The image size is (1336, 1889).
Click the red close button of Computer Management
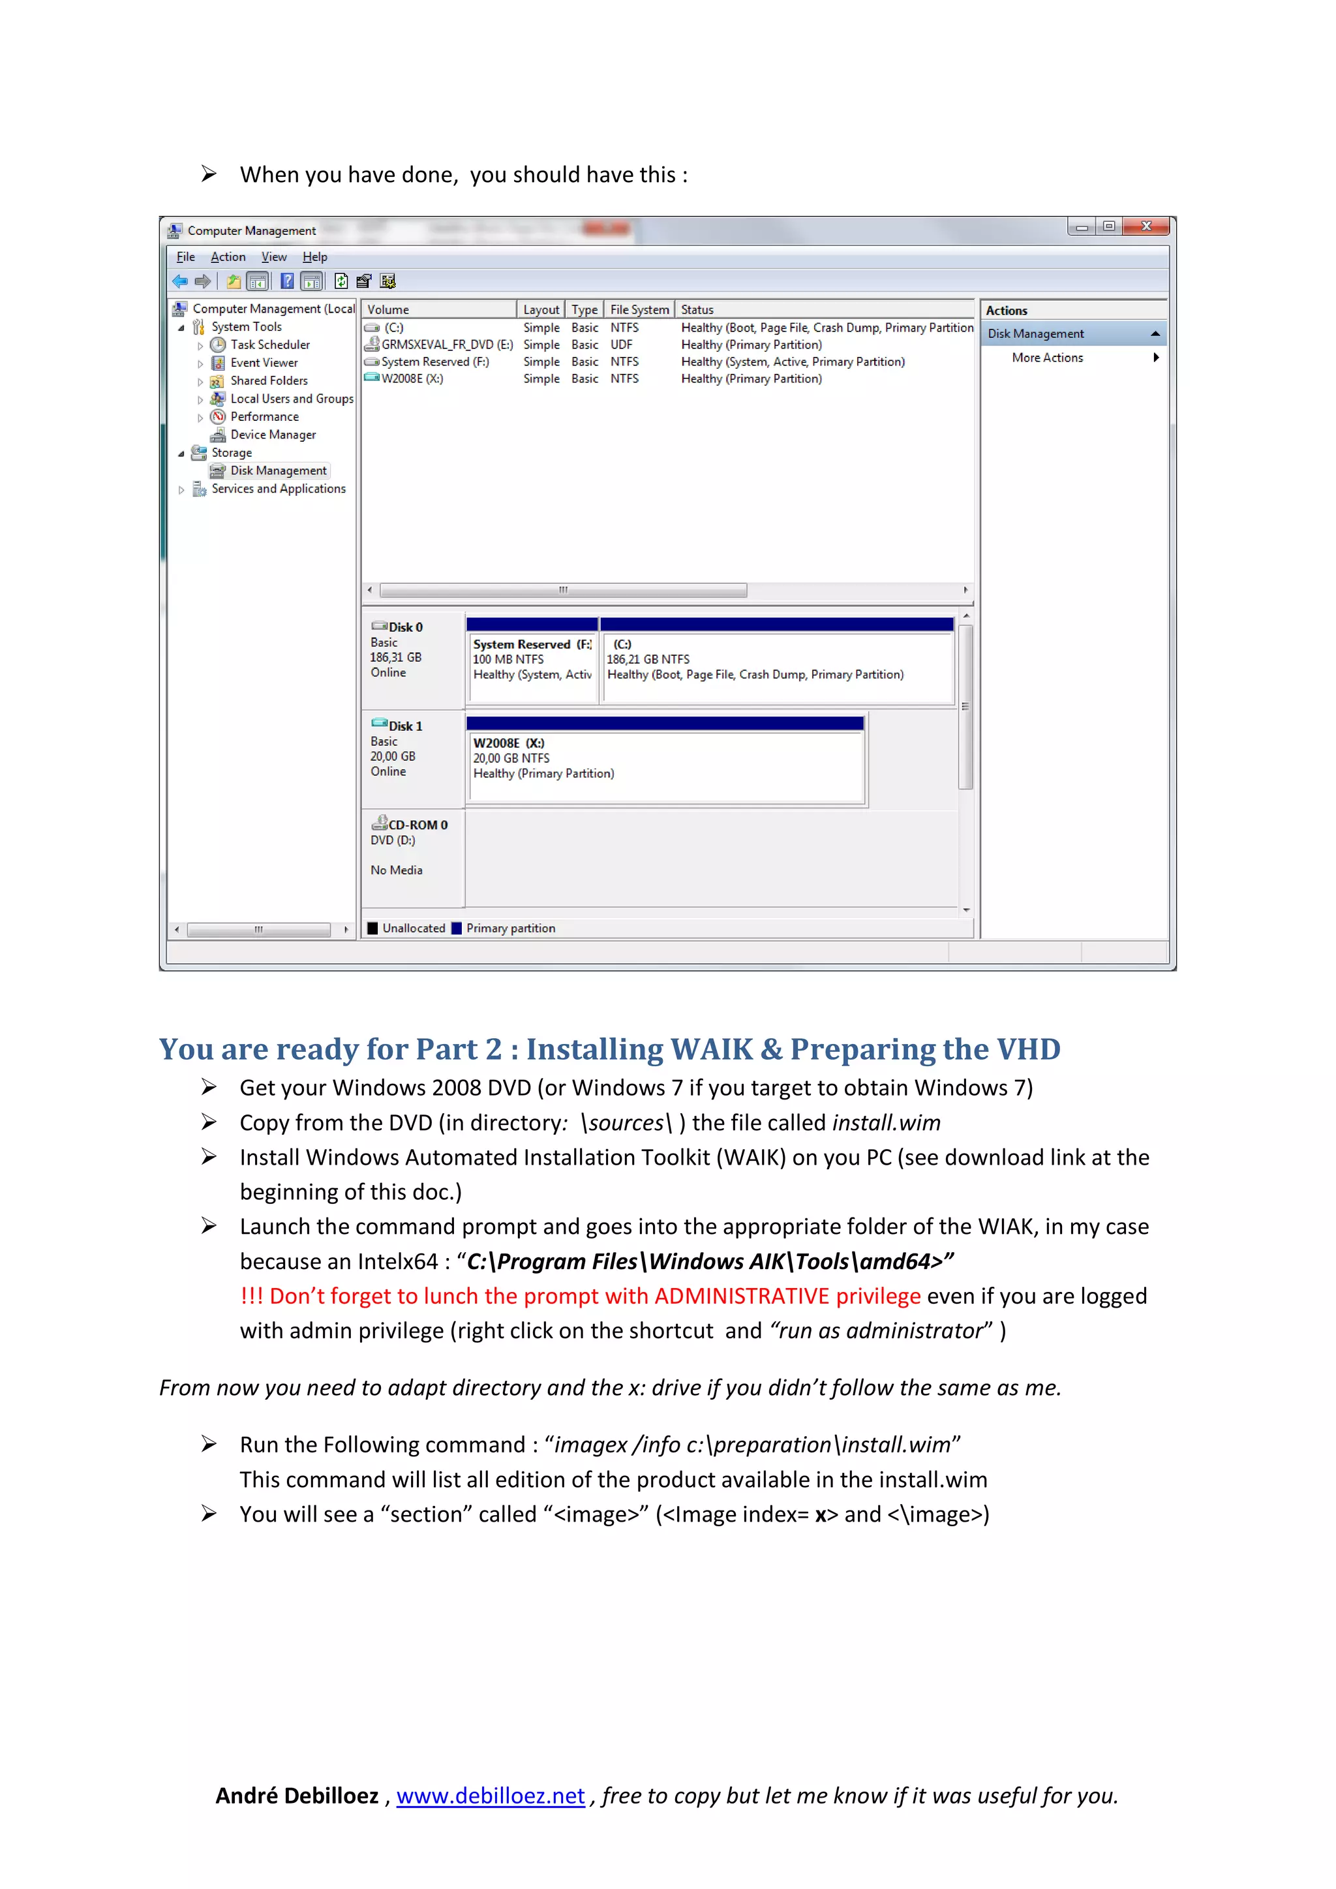(1146, 226)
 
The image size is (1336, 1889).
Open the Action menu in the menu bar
(228, 256)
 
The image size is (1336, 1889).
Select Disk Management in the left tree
(278, 470)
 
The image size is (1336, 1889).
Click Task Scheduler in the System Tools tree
(270, 345)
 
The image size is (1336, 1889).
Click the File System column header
(639, 309)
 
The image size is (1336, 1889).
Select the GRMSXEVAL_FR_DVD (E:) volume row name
(447, 345)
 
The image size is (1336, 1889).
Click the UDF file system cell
(621, 345)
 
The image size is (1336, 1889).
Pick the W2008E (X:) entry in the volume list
(412, 378)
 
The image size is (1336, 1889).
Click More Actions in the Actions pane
(1047, 358)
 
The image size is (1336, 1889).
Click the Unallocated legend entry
(413, 928)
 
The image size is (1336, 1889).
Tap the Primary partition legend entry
(510, 928)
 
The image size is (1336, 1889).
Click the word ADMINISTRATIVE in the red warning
(741, 1296)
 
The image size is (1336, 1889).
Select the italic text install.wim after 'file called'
(886, 1123)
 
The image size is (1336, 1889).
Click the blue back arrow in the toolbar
(180, 281)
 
